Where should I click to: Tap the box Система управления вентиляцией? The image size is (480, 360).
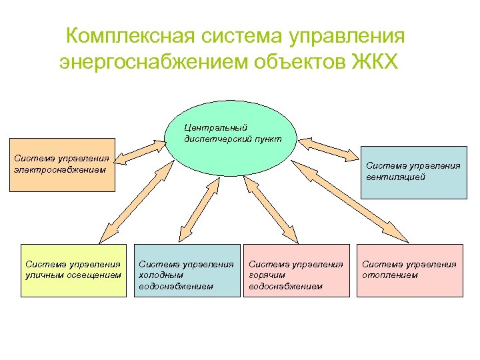pos(413,172)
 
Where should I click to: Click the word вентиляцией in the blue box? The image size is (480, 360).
pos(395,177)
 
